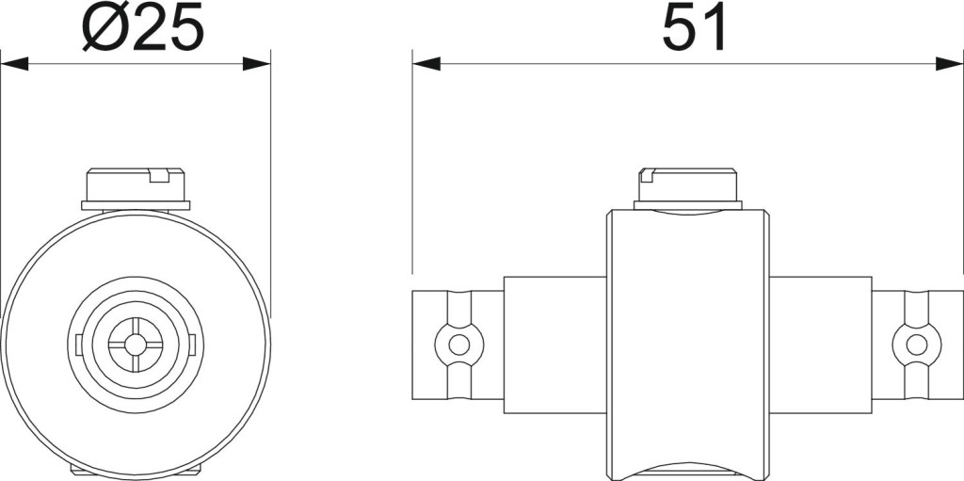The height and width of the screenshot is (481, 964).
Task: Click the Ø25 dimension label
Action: [x=143, y=26]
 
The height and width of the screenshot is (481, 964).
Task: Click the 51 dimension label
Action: [x=695, y=27]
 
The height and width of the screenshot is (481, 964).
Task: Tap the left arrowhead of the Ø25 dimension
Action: [x=14, y=63]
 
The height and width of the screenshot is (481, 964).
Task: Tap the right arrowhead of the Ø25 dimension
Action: [x=256, y=63]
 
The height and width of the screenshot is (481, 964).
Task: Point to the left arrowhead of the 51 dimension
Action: [x=426, y=63]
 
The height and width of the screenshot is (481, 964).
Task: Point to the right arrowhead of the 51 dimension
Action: [x=949, y=63]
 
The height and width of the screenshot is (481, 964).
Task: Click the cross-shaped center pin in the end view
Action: [x=136, y=345]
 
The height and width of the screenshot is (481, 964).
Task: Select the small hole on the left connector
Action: [x=458, y=345]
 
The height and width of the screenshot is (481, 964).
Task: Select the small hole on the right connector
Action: [x=917, y=345]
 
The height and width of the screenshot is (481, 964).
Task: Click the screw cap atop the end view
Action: [x=136, y=184]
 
